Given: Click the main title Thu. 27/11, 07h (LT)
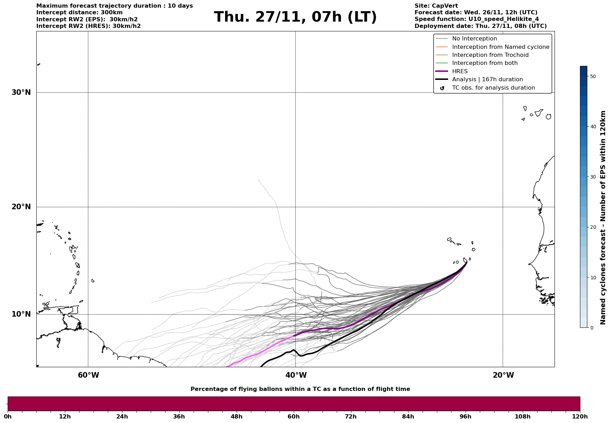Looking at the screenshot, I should click(x=295, y=17).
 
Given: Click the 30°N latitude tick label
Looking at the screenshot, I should click(x=21, y=92).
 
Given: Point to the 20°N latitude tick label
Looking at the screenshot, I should click(x=21, y=207).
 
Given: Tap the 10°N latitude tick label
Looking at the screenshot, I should click(x=21, y=314).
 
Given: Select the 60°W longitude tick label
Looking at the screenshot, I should click(x=88, y=375).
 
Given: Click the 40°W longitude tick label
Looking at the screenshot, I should click(x=296, y=375).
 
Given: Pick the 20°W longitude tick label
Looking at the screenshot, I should click(x=503, y=375).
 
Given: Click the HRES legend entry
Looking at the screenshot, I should click(x=460, y=71).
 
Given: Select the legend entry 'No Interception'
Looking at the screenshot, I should click(x=474, y=39).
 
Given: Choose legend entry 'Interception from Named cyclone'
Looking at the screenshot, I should click(x=500, y=47).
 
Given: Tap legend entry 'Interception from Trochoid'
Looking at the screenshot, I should click(x=490, y=55).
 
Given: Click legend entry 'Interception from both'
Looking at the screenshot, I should click(x=485, y=63).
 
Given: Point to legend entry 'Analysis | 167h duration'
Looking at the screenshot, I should click(x=487, y=80).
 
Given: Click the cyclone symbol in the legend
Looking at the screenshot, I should click(x=442, y=88).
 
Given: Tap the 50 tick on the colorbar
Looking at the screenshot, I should click(x=593, y=76).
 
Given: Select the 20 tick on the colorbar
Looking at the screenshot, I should click(x=593, y=227).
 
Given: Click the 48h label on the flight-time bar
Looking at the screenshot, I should click(x=237, y=417).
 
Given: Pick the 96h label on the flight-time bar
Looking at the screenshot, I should click(x=466, y=417).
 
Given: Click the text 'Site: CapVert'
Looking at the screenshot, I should click(x=436, y=6).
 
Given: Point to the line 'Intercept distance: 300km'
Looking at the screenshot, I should click(x=79, y=13).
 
